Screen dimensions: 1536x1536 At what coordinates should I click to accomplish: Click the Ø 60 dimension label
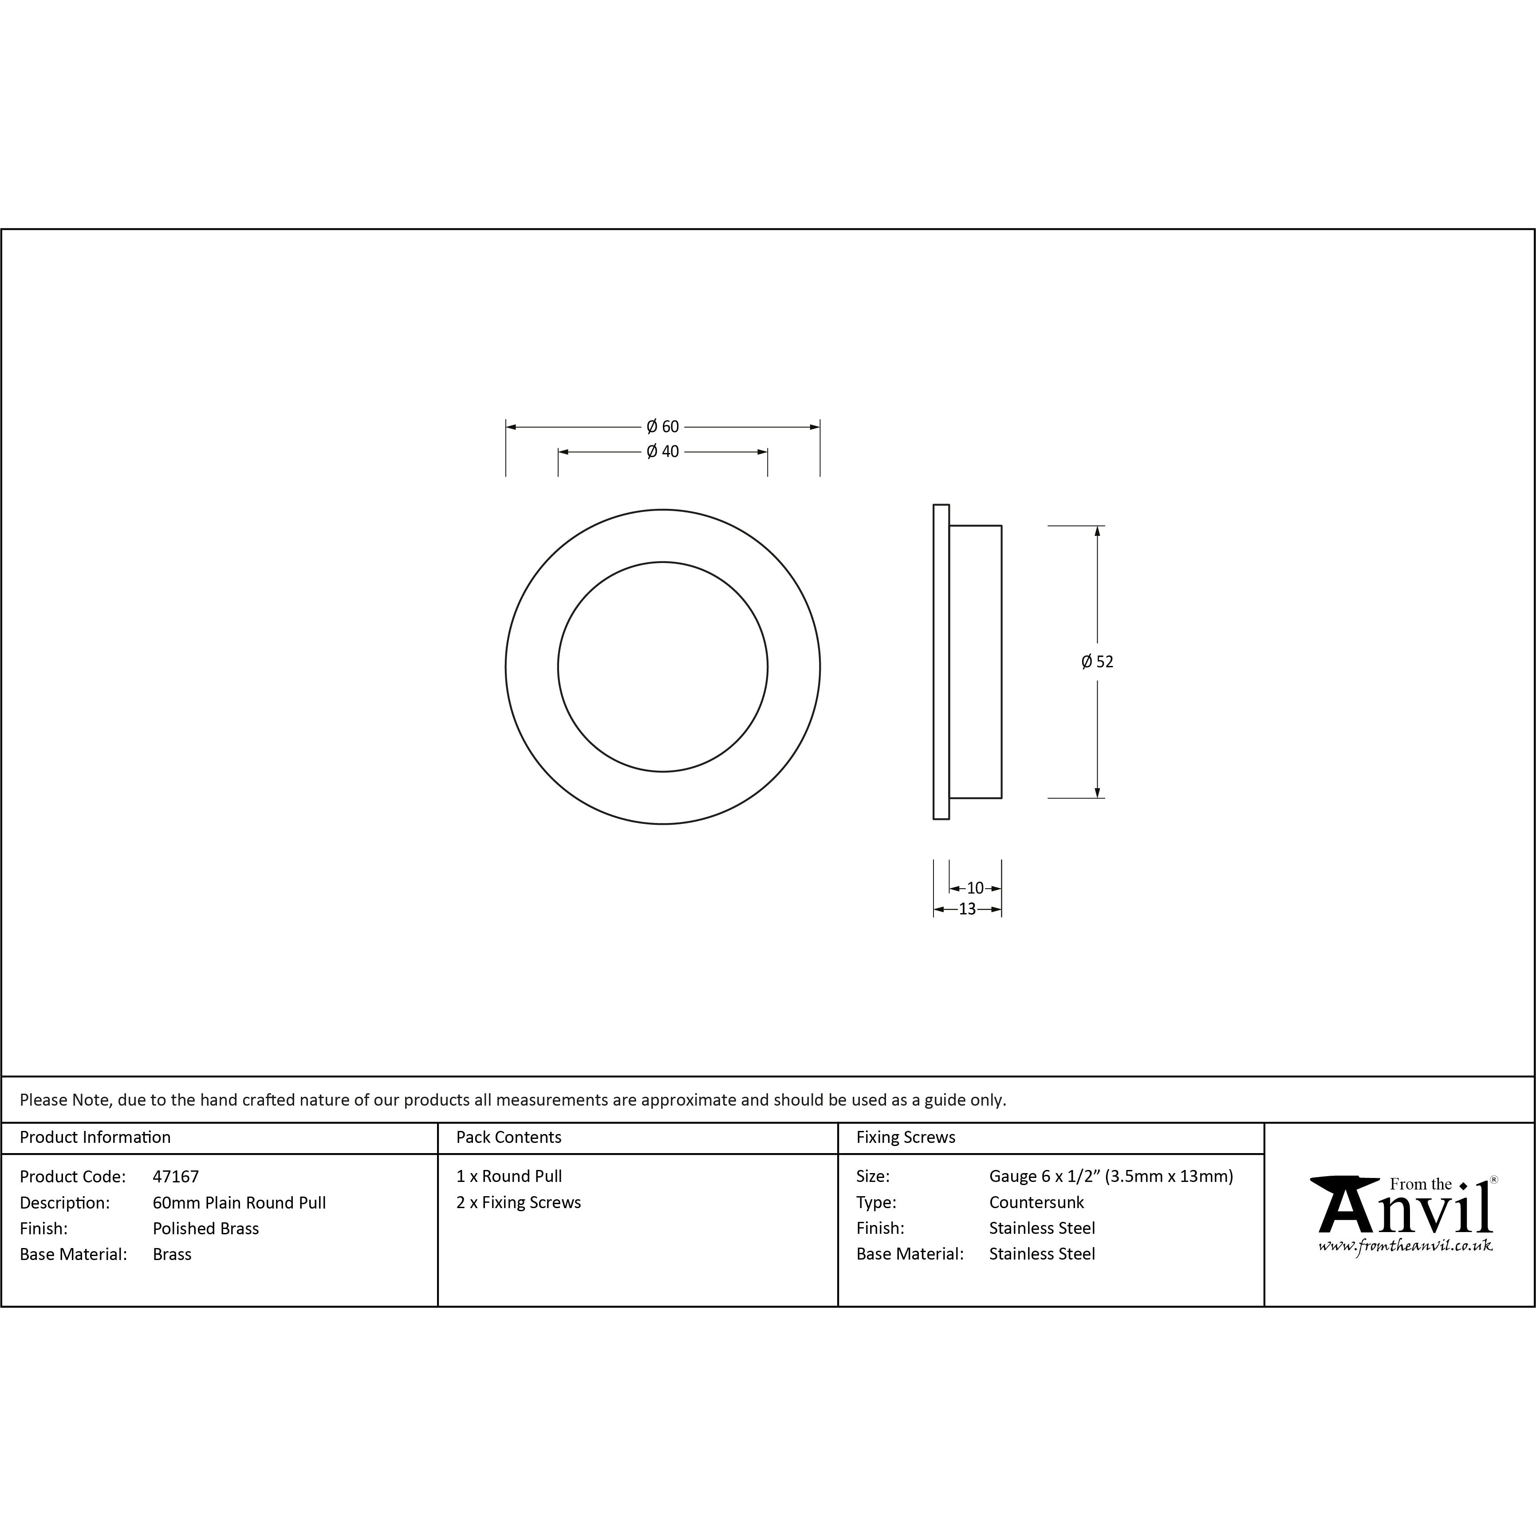pyautogui.click(x=662, y=427)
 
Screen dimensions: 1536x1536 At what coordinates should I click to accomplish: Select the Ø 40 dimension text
pyautogui.click(x=662, y=452)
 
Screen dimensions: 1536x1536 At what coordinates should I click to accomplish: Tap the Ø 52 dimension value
pyautogui.click(x=1097, y=662)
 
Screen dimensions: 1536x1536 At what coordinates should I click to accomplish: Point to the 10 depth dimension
pyautogui.click(x=976, y=888)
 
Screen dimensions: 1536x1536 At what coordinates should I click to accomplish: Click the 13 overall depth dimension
pyautogui.click(x=967, y=909)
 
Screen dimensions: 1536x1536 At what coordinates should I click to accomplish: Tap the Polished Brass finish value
pyautogui.click(x=206, y=1229)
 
